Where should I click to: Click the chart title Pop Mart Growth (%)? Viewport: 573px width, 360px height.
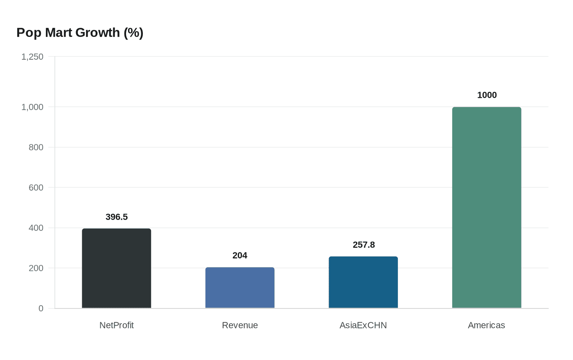(x=80, y=32)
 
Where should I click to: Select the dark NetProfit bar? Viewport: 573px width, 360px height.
(x=117, y=268)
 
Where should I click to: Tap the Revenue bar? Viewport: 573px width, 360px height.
(x=240, y=288)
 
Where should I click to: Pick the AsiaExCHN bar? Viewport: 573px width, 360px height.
(x=363, y=282)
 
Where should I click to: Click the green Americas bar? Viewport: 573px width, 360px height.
(x=487, y=207)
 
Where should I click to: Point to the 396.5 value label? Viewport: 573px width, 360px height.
(x=117, y=217)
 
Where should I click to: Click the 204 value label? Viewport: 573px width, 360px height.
(x=240, y=255)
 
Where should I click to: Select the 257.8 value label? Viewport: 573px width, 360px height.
(x=363, y=245)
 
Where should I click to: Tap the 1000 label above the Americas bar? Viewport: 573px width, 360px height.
(x=487, y=95)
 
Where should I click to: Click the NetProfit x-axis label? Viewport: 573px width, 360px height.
(x=117, y=325)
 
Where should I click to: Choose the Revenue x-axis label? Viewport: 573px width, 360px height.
(x=240, y=325)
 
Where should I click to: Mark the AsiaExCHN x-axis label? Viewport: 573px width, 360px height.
(x=363, y=325)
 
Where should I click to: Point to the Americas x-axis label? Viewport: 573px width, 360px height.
(x=486, y=325)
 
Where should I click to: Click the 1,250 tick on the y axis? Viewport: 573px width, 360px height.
(x=32, y=57)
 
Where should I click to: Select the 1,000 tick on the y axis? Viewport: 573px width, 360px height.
(x=32, y=107)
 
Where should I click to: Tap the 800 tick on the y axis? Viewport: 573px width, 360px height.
(x=36, y=147)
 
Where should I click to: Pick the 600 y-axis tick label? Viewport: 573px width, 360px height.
(x=36, y=188)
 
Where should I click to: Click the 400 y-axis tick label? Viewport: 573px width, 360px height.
(x=36, y=228)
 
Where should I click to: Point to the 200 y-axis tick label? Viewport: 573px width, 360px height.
(x=36, y=268)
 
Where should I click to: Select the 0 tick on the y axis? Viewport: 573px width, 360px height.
(x=41, y=308)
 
